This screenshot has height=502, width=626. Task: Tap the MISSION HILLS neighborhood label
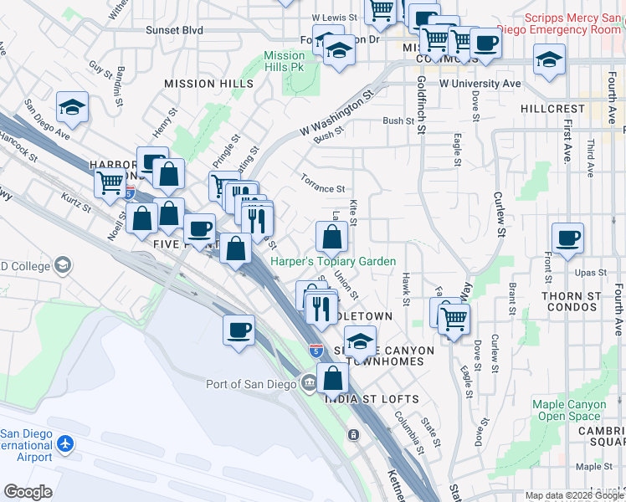[x=208, y=85]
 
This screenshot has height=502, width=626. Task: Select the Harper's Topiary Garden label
[x=333, y=262]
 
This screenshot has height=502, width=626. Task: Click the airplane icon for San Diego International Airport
[x=67, y=442]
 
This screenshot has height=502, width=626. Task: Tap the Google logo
[x=28, y=492]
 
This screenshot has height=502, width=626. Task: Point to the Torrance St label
[x=323, y=190]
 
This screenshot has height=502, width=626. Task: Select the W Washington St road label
[x=335, y=117]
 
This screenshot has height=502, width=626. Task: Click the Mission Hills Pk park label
[x=285, y=61]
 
